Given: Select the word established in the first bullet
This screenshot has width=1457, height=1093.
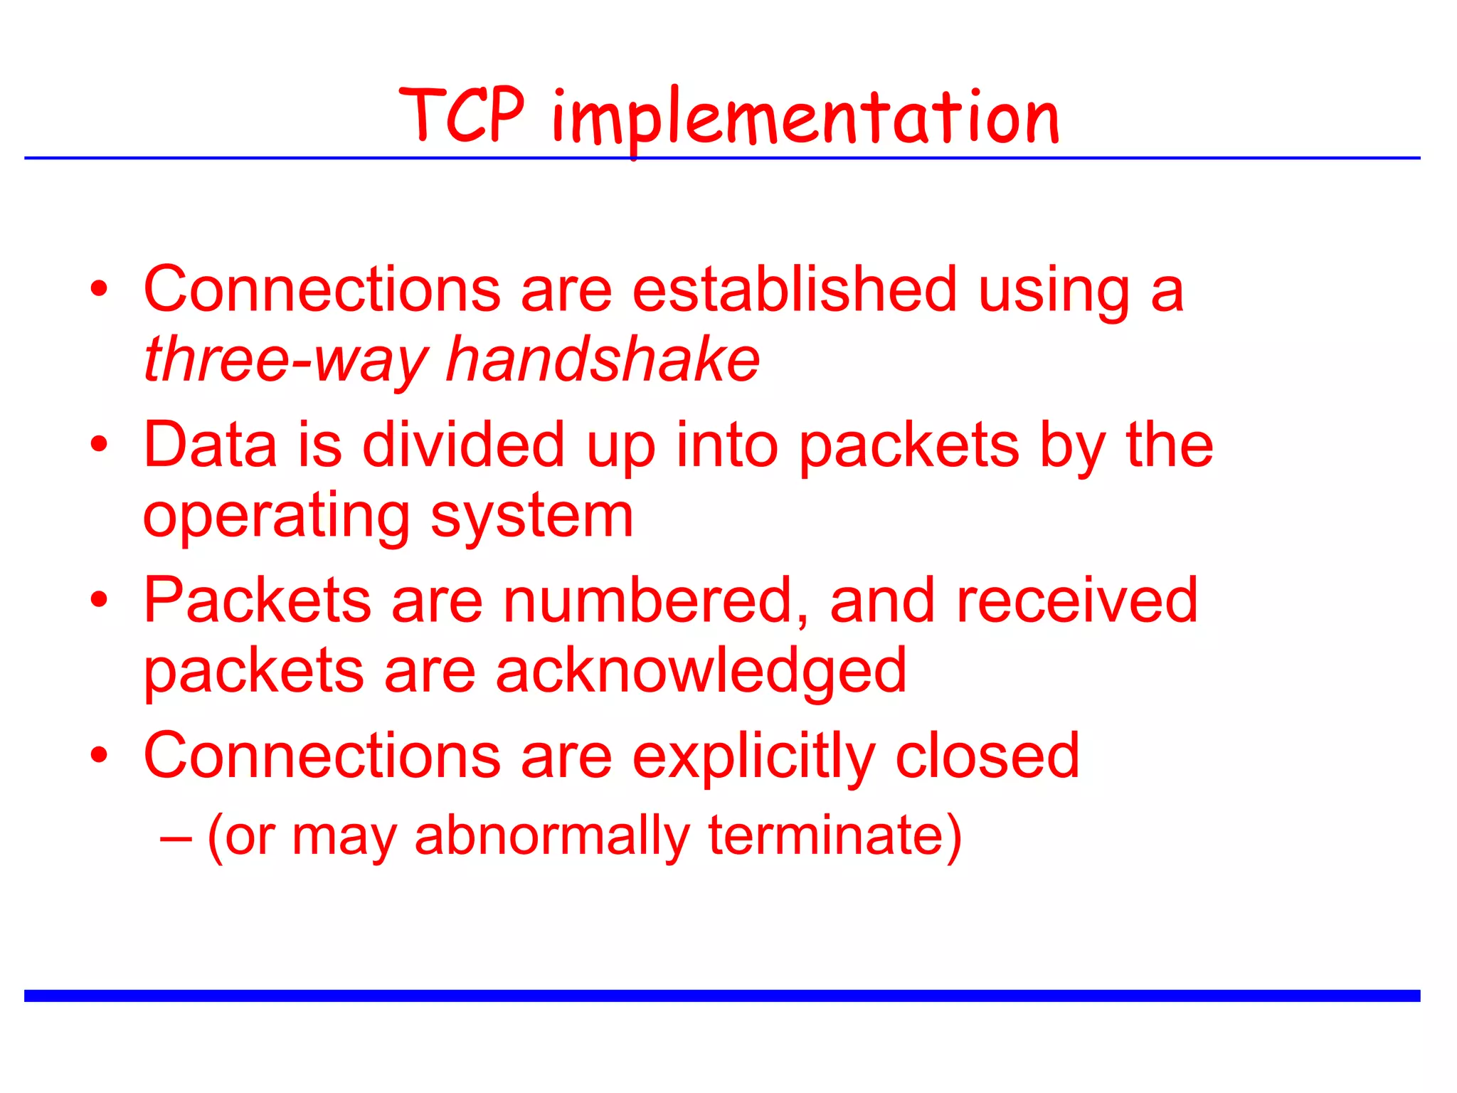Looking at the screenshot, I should tap(794, 290).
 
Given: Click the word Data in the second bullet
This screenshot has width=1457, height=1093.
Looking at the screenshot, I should tap(210, 445).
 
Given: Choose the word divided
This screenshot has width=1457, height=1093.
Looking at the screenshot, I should tap(463, 445).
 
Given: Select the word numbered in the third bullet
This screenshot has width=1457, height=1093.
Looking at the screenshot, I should tap(655, 601).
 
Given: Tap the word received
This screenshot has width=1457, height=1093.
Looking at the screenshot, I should tap(1077, 601).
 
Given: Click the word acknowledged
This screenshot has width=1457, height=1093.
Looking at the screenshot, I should tap(701, 672).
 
